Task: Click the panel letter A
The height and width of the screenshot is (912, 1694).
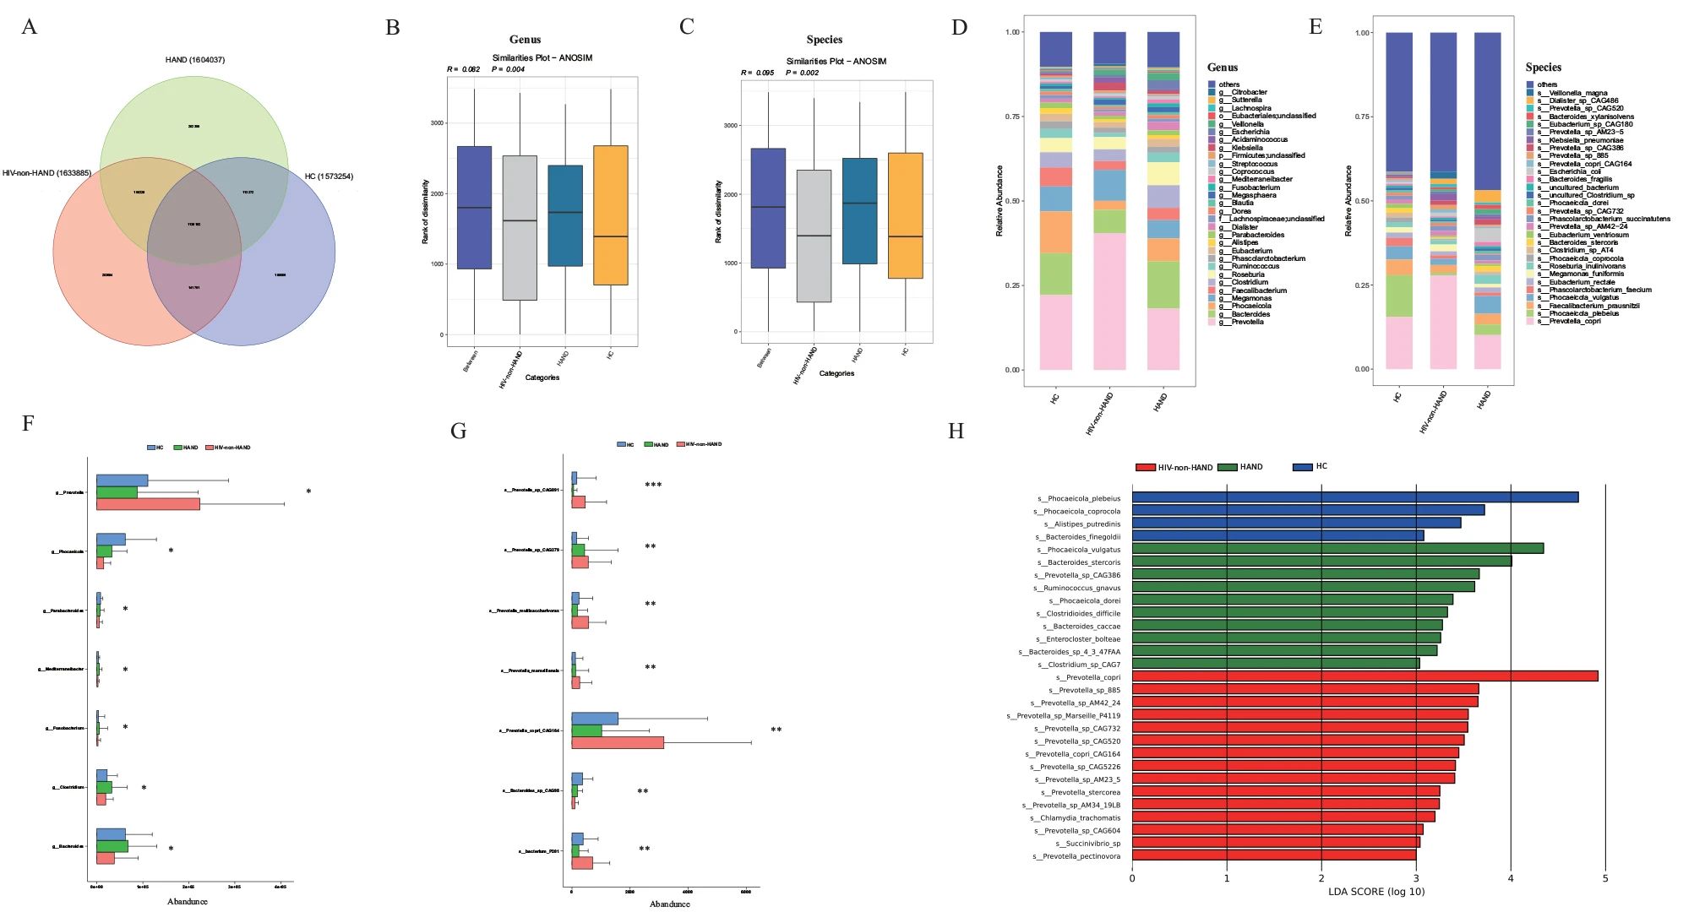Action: tap(30, 27)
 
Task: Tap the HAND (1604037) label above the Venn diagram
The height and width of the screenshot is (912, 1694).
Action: tap(195, 60)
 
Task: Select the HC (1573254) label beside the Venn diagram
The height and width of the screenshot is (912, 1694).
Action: tap(329, 176)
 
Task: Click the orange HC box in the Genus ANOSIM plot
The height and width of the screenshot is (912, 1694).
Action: tap(610, 215)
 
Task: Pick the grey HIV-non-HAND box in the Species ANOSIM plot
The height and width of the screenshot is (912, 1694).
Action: tap(814, 236)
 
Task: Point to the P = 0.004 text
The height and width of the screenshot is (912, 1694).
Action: tap(508, 69)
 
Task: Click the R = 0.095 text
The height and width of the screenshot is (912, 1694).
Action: tap(758, 73)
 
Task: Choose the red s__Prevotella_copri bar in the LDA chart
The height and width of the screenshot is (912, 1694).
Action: tap(1364, 676)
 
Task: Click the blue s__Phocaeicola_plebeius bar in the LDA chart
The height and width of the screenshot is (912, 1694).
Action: tap(1355, 497)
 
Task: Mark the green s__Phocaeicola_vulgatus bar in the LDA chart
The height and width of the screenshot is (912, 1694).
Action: tap(1337, 549)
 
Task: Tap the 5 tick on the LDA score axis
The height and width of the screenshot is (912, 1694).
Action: tap(1605, 878)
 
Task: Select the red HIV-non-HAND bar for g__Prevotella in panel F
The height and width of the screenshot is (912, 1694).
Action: tap(148, 504)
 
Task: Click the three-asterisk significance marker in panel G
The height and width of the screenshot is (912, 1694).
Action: tap(653, 486)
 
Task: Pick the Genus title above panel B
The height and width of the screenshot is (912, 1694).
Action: tap(525, 40)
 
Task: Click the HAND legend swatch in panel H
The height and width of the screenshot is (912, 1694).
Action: tap(1227, 467)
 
